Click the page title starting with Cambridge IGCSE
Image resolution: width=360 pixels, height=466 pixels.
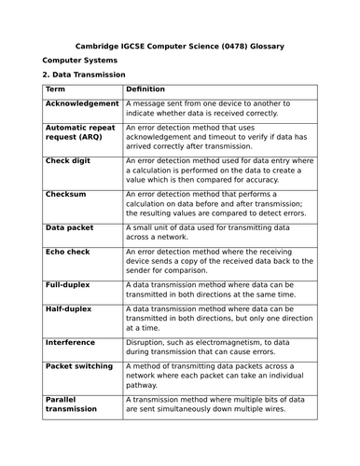[180, 45]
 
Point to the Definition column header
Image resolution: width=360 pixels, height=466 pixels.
[145, 89]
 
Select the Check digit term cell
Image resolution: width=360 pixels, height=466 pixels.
[70, 160]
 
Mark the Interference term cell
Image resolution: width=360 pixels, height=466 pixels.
[70, 342]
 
